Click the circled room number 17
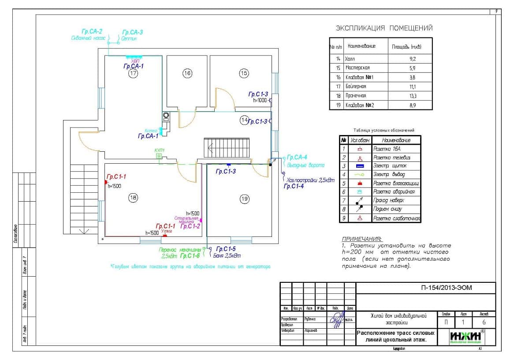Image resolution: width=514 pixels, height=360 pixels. click(133, 74)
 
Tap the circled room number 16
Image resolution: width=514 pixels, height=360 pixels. click(187, 73)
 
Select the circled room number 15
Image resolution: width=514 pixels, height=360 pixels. click(244, 73)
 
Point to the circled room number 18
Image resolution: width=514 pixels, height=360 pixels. click(133, 198)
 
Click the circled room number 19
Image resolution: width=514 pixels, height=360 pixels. click(245, 199)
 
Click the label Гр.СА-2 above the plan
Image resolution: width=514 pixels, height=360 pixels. click(92, 32)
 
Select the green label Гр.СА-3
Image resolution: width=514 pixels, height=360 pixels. click(132, 32)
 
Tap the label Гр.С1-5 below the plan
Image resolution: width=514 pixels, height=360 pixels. click(226, 249)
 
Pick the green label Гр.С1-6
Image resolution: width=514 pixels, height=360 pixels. click(190, 255)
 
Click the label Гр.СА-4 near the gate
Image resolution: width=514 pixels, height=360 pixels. click(297, 157)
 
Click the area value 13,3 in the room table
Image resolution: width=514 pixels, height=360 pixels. click(412, 96)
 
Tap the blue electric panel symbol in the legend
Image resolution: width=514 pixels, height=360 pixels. click(360, 166)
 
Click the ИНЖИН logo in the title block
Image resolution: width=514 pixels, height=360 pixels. click(466, 337)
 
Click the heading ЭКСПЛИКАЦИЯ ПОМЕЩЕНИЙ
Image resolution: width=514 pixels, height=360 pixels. click(384, 28)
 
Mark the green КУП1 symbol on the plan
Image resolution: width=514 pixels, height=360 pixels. click(159, 156)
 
